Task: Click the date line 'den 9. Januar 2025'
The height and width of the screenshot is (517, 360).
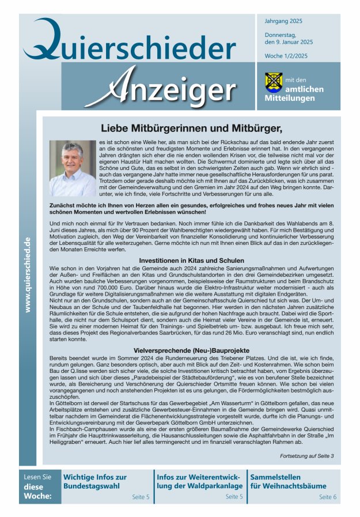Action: pos(289,42)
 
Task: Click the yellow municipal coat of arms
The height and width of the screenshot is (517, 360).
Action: pos(273,82)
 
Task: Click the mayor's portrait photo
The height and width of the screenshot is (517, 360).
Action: pos(73,168)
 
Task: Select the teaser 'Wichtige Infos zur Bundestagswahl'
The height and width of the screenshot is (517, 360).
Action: pos(96,481)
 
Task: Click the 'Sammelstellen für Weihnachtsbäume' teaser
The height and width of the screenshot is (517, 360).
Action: pos(288,481)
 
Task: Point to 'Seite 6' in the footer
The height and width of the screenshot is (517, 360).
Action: pos(328,496)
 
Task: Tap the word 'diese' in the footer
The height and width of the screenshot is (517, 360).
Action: pos(33,486)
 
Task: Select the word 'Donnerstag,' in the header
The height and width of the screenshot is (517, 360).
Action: pos(281,35)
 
